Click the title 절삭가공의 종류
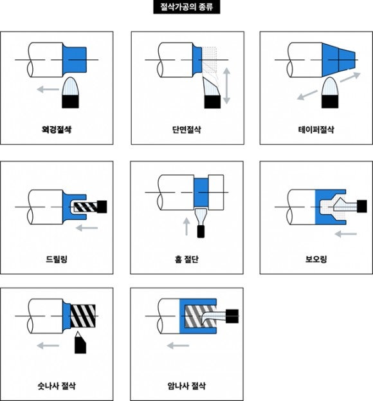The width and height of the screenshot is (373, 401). click(x=186, y=7)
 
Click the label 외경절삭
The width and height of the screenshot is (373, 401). click(x=57, y=129)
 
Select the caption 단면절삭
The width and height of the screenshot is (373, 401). click(x=186, y=129)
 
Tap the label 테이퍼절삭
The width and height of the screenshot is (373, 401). click(x=316, y=129)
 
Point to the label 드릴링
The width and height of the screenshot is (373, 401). click(x=57, y=259)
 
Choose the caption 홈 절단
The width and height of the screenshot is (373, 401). click(x=186, y=259)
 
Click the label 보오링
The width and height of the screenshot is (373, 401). click(x=316, y=259)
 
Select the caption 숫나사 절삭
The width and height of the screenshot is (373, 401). click(x=57, y=386)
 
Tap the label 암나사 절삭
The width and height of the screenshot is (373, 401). click(x=186, y=386)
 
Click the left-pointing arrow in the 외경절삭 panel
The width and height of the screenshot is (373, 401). click(x=48, y=89)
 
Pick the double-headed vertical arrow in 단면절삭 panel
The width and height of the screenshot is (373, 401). click(x=226, y=86)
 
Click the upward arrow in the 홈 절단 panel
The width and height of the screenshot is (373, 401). click(x=186, y=227)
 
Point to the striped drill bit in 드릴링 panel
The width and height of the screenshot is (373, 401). click(x=86, y=207)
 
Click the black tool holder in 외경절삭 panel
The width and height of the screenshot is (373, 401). click(x=70, y=102)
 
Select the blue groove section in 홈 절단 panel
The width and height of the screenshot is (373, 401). click(x=201, y=192)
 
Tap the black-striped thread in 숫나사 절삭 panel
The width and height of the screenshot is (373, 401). click(x=83, y=316)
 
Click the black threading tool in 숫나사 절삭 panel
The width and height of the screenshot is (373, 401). click(x=80, y=343)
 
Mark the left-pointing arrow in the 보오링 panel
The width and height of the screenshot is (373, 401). click(x=345, y=234)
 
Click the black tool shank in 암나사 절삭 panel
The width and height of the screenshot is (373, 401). click(x=232, y=316)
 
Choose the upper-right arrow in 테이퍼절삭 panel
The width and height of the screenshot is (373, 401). click(x=350, y=77)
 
